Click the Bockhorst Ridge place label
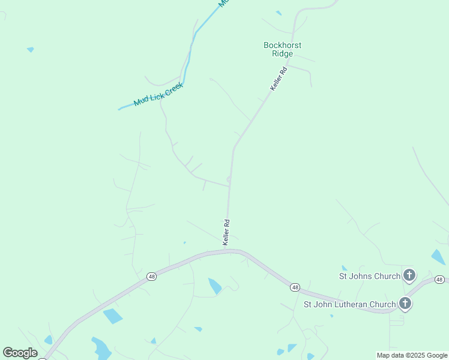(282, 49)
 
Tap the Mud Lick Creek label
(158, 94)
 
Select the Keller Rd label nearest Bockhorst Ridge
(279, 79)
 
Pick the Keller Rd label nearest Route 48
(226, 232)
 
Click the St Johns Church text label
(370, 276)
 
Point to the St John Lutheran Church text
(349, 304)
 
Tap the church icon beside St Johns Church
(409, 276)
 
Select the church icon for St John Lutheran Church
(405, 304)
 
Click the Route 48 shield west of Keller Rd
(151, 277)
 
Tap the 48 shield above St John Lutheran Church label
(295, 287)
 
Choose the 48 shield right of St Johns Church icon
(440, 280)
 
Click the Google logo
(20, 353)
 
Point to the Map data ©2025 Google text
(412, 355)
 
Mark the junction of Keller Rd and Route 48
(227, 251)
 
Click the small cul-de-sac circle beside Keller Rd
(229, 179)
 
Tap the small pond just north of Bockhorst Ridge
(279, 13)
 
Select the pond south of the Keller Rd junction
(214, 286)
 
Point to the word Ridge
(282, 53)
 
